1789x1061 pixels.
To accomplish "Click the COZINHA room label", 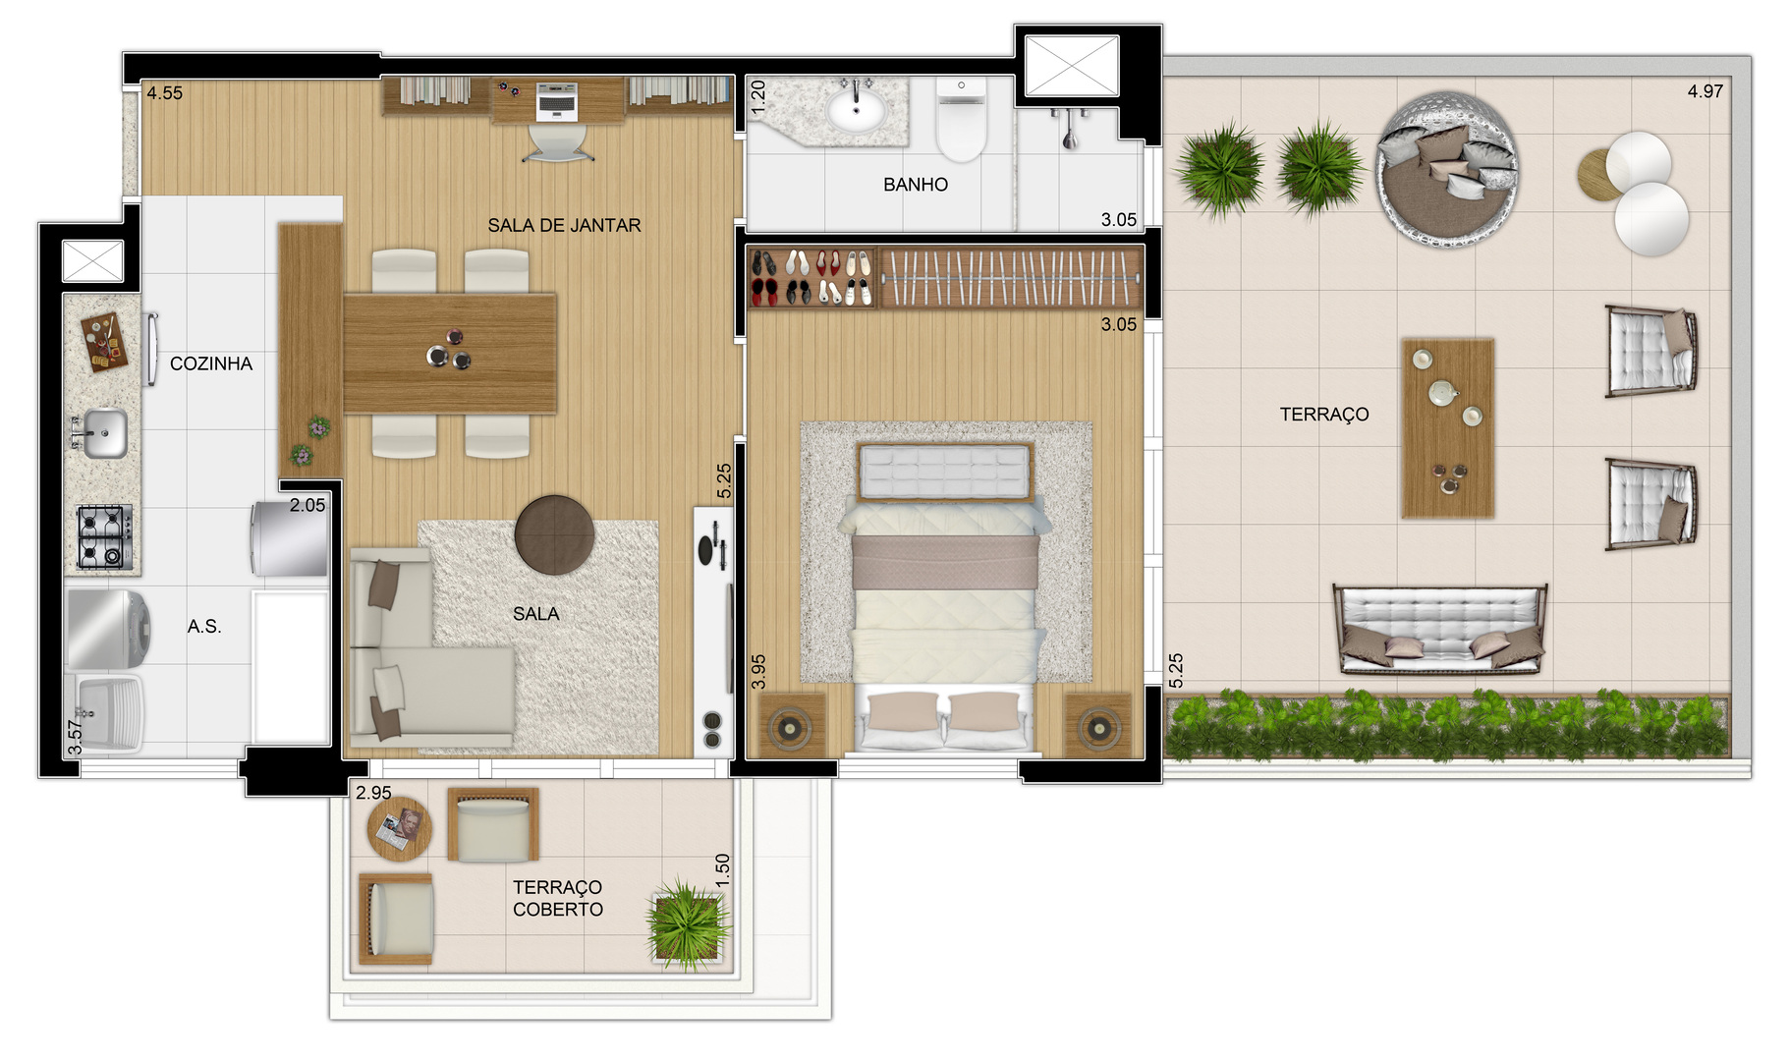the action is point(211,363).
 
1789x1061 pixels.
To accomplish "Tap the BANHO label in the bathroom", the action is point(916,185).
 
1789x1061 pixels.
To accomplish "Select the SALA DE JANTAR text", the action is point(564,225).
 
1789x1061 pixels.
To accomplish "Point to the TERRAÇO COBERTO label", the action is point(558,898).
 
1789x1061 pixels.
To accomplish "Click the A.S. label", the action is point(204,626).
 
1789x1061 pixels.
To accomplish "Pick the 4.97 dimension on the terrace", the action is point(1705,91).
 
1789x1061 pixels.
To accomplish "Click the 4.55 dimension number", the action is point(165,93).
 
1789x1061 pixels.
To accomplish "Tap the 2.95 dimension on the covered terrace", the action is point(373,793).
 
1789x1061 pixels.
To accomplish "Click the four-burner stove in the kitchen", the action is point(104,536).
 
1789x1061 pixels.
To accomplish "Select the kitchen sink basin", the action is point(104,433).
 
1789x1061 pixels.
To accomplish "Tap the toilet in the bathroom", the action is point(961,119).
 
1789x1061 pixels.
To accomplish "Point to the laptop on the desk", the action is point(556,101).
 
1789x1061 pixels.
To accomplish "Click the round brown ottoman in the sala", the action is point(554,534).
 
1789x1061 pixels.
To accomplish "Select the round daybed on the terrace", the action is point(1447,169).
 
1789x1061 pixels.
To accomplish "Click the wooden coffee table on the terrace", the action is point(1447,428).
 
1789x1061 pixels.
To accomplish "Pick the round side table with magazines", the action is point(400,828).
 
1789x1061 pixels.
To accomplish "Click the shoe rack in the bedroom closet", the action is point(811,278).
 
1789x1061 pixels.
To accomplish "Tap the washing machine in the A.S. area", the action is point(107,630).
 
